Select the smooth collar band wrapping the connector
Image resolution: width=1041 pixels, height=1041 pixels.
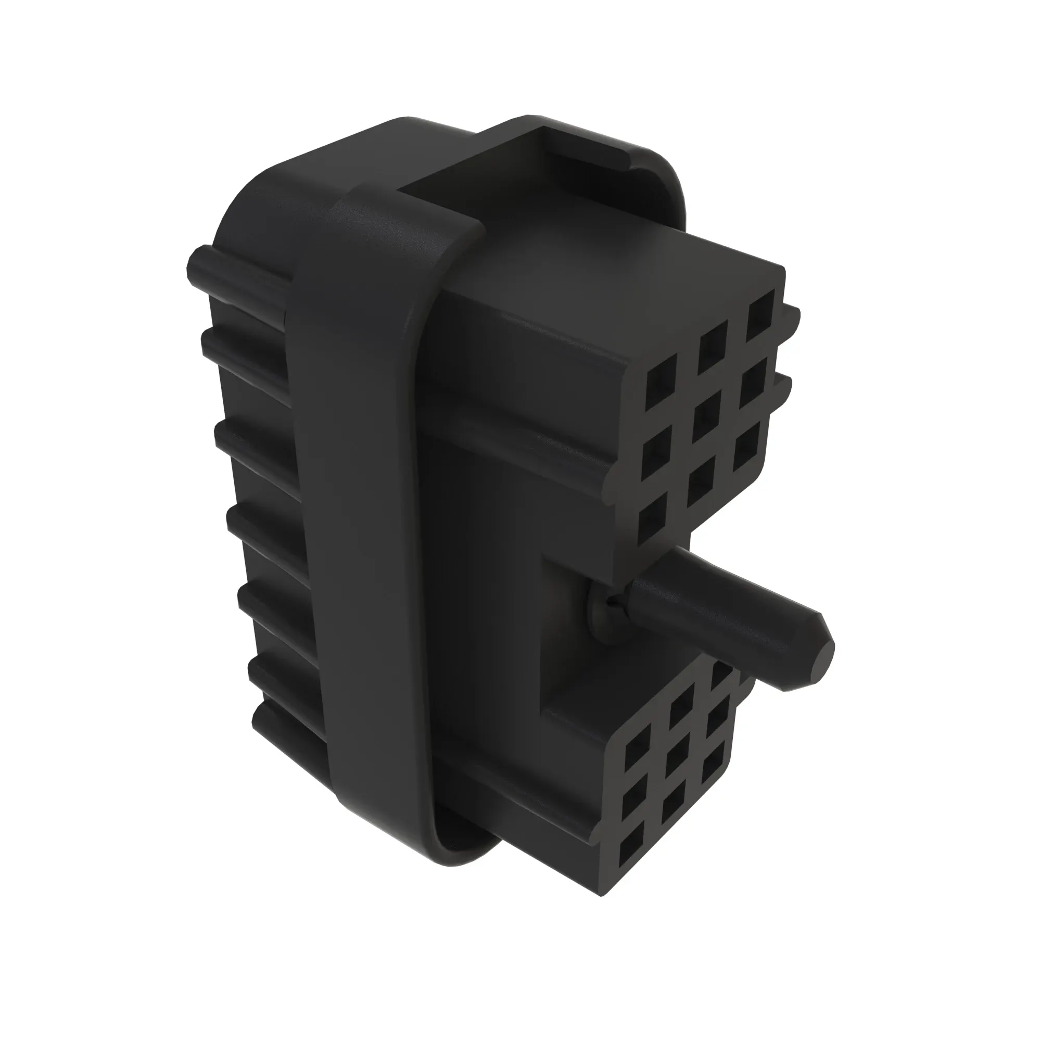pyautogui.click(x=366, y=485)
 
